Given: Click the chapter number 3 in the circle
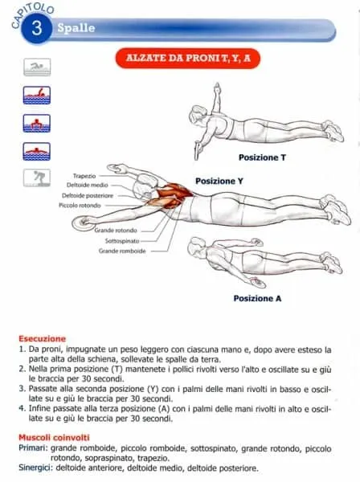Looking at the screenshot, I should point(37,29).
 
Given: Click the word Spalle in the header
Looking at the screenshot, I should point(76,28).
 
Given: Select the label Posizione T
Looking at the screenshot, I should point(262,157).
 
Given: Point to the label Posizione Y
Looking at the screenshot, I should point(219,182).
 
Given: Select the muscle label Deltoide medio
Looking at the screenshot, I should point(88,185).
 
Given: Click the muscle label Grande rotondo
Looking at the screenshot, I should point(117,230).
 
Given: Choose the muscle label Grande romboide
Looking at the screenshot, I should point(122,251).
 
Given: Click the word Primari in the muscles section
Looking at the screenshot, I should point(32,447).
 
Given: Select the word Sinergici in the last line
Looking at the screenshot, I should point(36,468).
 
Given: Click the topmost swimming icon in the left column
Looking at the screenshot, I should point(36,67).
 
